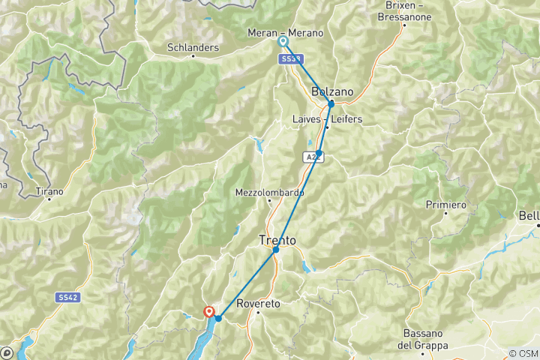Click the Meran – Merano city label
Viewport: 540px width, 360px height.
click(x=286, y=33)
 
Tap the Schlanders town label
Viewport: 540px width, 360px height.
click(x=193, y=48)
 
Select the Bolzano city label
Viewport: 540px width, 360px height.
click(x=331, y=91)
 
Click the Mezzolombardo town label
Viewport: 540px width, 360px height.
click(x=269, y=192)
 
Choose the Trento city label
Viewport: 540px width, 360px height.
click(x=277, y=241)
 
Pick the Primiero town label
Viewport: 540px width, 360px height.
click(x=445, y=205)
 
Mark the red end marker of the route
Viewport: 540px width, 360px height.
click(x=209, y=312)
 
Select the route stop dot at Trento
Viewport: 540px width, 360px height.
click(x=276, y=249)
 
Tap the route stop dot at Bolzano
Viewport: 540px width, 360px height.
click(x=331, y=103)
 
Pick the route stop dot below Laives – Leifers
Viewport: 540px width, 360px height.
click(x=319, y=153)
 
